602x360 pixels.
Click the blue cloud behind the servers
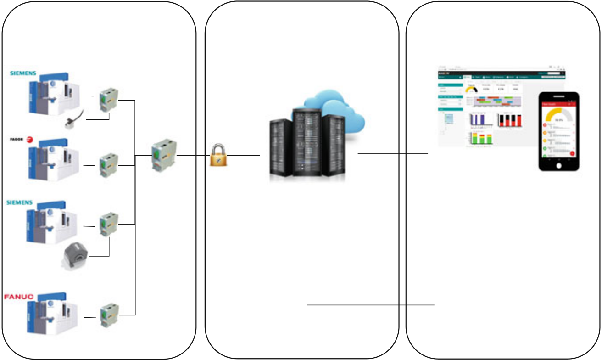[x=342, y=112]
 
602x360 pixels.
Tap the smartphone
[x=558, y=132]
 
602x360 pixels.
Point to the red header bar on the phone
[x=558, y=104]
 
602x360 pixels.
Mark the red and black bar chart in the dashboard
[x=510, y=119]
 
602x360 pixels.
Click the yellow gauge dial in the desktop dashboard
[x=471, y=90]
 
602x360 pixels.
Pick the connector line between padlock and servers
[x=243, y=156]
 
